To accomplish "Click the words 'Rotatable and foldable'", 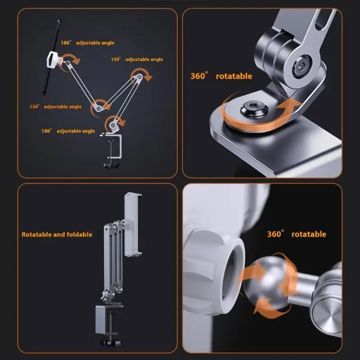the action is pyautogui.click(x=57, y=234).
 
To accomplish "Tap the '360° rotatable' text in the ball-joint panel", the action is pyautogui.click(x=297, y=234).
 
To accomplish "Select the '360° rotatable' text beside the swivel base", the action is pyautogui.click(x=221, y=76).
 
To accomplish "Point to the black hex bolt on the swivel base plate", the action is pyautogui.click(x=254, y=108).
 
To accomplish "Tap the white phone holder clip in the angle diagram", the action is pyautogui.click(x=53, y=59).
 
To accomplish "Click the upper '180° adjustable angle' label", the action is pyautogui.click(x=87, y=43).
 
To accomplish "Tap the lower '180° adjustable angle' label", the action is pyautogui.click(x=68, y=131).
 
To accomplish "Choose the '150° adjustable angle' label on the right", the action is pyautogui.click(x=137, y=59).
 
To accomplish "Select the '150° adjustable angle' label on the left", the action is pyautogui.click(x=55, y=107).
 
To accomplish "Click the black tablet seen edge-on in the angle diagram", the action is pyautogui.click(x=51, y=58).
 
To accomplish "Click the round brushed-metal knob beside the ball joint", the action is pyautogui.click(x=325, y=319).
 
